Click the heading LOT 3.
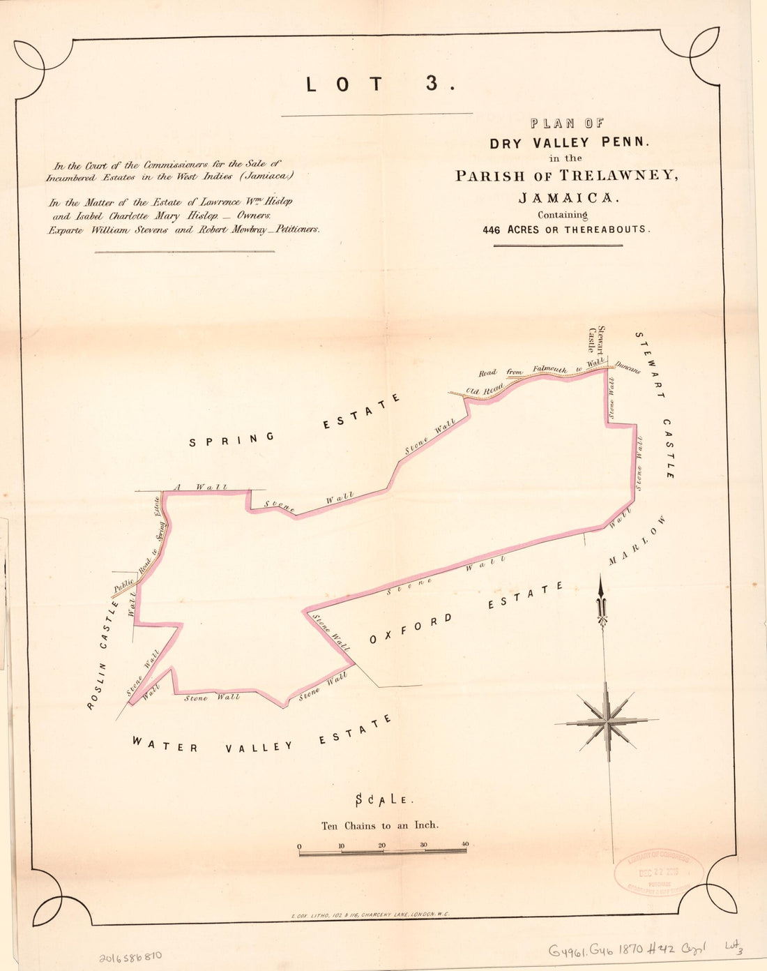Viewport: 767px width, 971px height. [x=381, y=84]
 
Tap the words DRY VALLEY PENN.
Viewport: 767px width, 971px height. [x=569, y=143]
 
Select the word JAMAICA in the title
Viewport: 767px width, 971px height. [x=569, y=197]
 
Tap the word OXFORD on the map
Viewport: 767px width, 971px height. [x=411, y=628]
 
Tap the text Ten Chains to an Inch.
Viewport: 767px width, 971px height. [x=380, y=825]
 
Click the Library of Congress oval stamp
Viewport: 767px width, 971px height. [x=659, y=873]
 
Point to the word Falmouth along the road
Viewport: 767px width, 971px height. [x=550, y=369]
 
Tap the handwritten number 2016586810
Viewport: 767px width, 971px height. [x=130, y=954]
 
